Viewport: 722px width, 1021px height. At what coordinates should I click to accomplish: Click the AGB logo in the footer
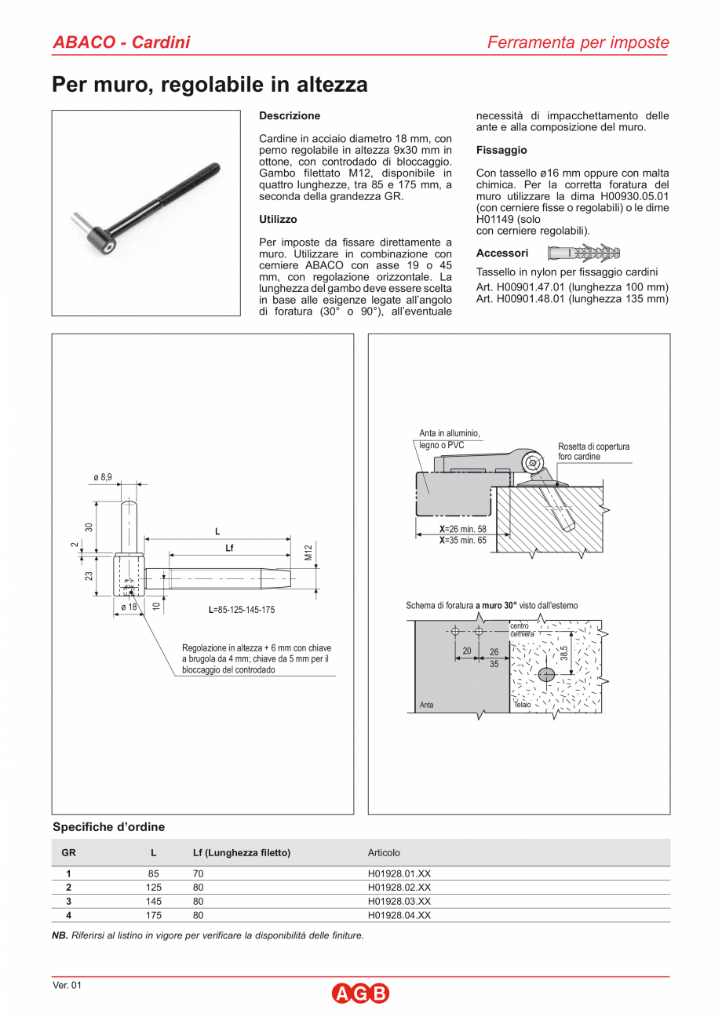[360, 994]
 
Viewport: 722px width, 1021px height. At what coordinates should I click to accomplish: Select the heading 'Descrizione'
[290, 116]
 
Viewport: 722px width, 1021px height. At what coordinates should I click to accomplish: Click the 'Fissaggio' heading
[501, 150]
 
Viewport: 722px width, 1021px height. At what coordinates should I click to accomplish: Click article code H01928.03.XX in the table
[399, 901]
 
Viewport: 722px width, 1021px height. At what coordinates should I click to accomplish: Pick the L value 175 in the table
[153, 915]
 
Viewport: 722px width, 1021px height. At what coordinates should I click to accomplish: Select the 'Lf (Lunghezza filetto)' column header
[242, 853]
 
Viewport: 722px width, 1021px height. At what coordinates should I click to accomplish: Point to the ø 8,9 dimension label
[103, 477]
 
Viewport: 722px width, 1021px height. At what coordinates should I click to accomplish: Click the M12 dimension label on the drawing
[309, 552]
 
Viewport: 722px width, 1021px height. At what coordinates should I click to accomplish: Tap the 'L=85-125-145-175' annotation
[242, 610]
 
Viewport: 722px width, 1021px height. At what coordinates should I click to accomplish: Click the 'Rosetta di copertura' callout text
[593, 447]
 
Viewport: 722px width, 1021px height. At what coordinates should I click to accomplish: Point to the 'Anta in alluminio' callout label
[449, 433]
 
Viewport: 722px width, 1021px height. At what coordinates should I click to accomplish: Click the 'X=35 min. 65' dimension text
[462, 541]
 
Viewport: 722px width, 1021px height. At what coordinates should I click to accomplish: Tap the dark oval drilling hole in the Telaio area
[547, 674]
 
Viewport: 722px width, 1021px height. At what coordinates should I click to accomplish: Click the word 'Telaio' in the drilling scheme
[522, 705]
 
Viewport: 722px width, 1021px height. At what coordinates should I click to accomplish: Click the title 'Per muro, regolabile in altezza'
[210, 85]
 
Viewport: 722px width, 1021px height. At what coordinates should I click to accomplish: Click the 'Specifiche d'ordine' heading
[108, 827]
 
